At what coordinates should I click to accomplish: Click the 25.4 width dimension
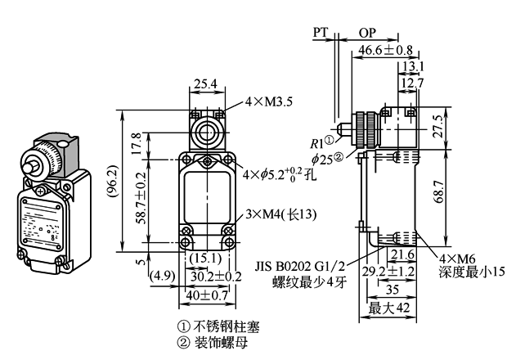point(207,83)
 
